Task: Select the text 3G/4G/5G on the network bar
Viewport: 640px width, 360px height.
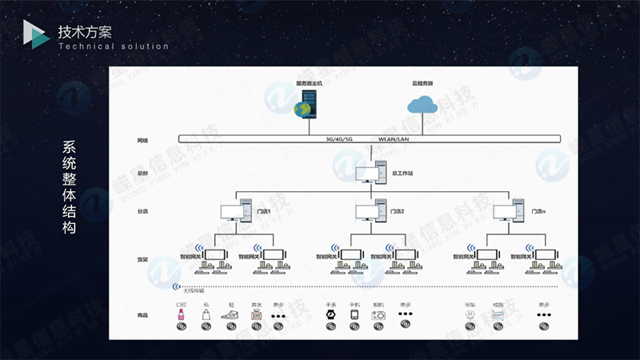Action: pos(339,139)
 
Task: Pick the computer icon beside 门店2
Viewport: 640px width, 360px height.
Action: pos(370,212)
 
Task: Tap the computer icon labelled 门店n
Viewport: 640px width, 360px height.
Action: pos(510,212)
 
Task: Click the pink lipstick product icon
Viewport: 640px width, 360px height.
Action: pos(182,314)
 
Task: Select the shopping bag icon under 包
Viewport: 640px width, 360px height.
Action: pos(206,314)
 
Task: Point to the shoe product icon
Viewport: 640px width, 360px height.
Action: pos(230,314)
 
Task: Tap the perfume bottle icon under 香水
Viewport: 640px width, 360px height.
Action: pos(256,314)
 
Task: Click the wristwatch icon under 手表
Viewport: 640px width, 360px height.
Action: pos(330,314)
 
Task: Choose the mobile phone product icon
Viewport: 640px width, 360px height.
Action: pos(354,314)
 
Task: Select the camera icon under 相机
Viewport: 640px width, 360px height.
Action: pos(378,314)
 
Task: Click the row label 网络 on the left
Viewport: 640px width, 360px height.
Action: pos(142,140)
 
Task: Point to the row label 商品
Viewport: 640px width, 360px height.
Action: pos(142,315)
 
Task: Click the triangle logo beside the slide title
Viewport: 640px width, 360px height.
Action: pos(35,34)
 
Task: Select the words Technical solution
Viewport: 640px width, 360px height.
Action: pos(114,46)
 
